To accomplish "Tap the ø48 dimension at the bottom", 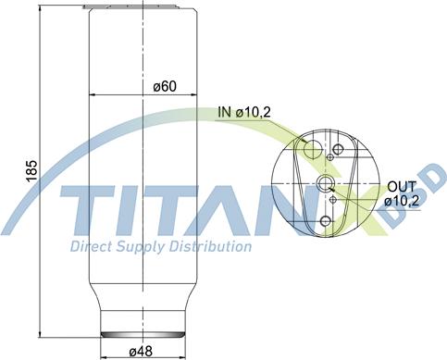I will [140, 351].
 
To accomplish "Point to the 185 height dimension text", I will [31, 169].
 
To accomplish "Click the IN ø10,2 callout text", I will [244, 113].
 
